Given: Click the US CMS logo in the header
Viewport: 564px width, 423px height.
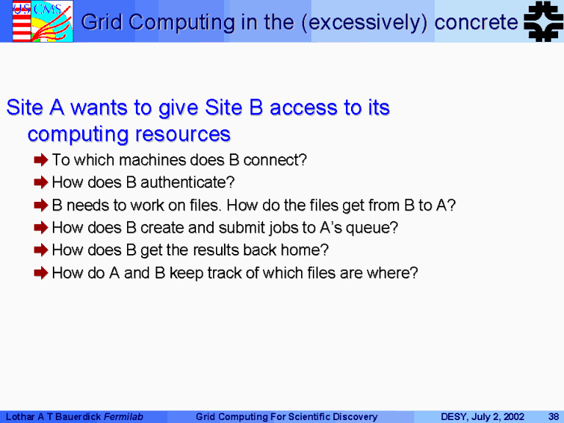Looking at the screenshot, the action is pos(43,21).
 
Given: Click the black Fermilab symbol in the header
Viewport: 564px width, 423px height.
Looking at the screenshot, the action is pos(543,21).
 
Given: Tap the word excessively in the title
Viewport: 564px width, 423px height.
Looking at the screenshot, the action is pos(368,22).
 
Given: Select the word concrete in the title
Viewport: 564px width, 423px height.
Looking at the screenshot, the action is pos(476,22).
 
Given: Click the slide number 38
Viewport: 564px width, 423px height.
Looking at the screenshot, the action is pos(553,416).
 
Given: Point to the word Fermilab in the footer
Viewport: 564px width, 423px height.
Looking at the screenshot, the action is pos(123,416).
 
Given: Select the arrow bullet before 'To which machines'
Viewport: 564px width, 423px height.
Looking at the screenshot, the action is pos(41,159).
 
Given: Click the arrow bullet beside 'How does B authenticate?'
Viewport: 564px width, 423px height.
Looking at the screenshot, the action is pos(41,182).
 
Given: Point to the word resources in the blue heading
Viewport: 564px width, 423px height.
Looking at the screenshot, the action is pos(183,134).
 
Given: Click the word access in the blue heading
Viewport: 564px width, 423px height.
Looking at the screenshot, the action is pos(303,108).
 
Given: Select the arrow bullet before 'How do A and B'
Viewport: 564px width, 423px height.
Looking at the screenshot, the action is pos(41,272).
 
